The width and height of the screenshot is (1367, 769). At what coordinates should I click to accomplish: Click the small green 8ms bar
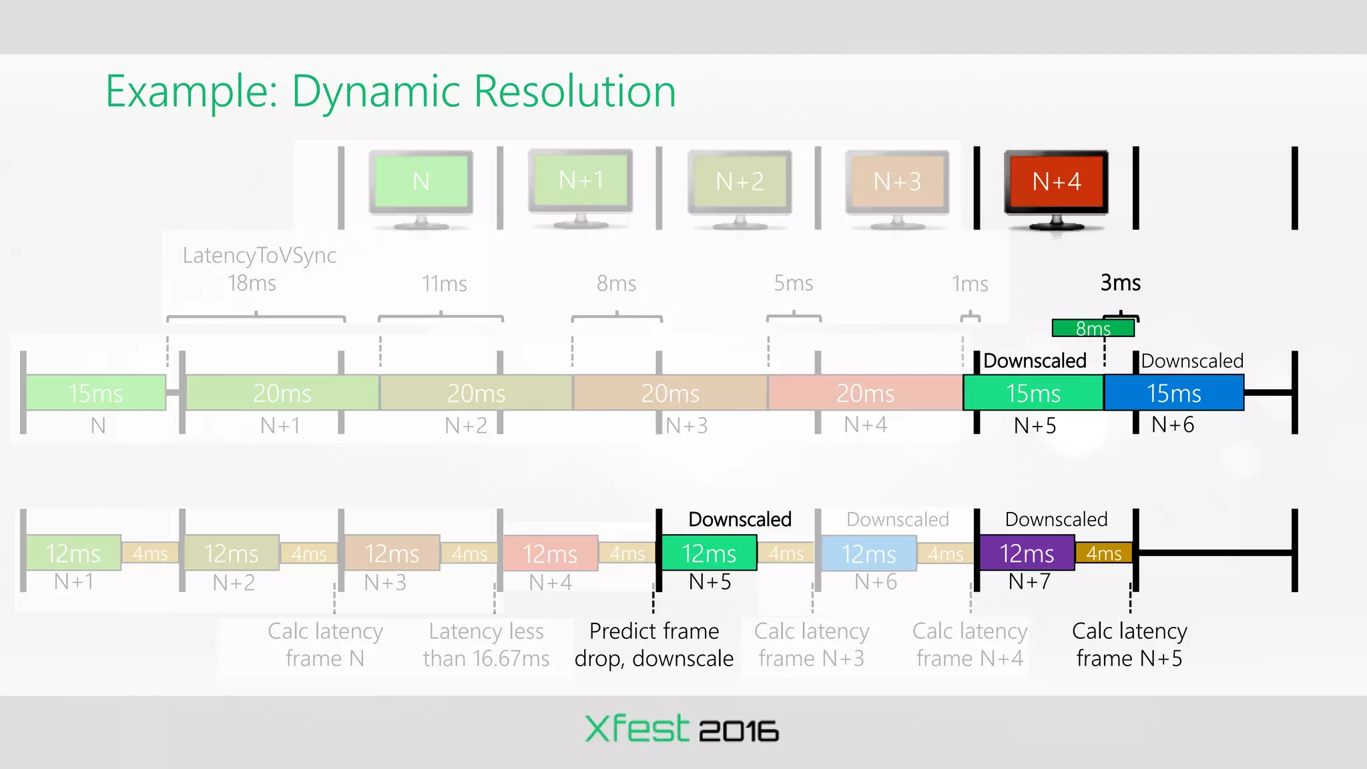point(1093,328)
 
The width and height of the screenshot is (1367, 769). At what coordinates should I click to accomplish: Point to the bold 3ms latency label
point(1120,283)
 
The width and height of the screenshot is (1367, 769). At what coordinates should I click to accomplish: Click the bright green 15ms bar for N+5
point(1033,393)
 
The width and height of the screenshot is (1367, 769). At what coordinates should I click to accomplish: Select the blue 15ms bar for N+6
point(1173,393)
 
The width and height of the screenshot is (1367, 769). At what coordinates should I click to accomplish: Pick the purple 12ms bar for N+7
point(1027,553)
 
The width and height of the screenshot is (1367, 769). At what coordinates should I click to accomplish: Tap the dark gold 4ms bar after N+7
point(1103,553)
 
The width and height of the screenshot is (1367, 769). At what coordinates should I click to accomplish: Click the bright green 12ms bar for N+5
point(709,553)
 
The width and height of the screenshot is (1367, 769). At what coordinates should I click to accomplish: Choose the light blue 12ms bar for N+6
point(868,553)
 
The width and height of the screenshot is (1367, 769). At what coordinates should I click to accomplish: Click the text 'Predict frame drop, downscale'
point(654,645)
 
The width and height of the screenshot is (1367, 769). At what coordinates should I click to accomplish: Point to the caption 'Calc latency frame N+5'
point(1129,645)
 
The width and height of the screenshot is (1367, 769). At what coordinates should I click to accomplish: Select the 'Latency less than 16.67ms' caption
point(486,645)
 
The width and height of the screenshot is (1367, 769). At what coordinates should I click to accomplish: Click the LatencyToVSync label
point(259,256)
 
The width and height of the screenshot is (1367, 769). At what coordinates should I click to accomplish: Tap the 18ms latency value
point(252,284)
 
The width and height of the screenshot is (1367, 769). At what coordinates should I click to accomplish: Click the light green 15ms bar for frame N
point(95,393)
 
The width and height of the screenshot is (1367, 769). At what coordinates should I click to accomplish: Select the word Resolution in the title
point(575,91)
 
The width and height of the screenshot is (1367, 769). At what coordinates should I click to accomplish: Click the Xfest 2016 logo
point(681,729)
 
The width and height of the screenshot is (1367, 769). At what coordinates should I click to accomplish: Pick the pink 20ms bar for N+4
point(865,393)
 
